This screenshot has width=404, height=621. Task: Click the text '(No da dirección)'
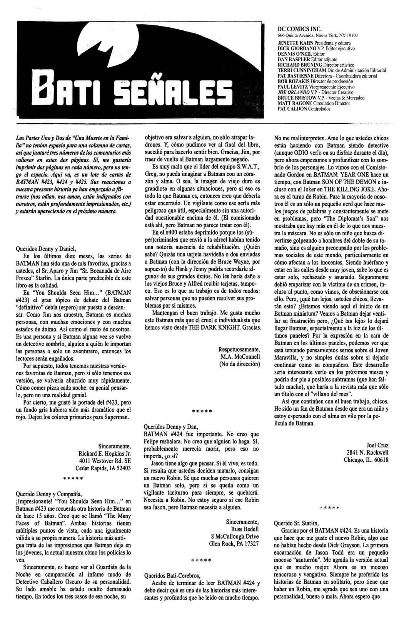click(x=239, y=364)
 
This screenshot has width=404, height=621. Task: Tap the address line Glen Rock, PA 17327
click(x=234, y=544)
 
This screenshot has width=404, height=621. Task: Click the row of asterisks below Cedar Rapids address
click(x=73, y=479)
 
